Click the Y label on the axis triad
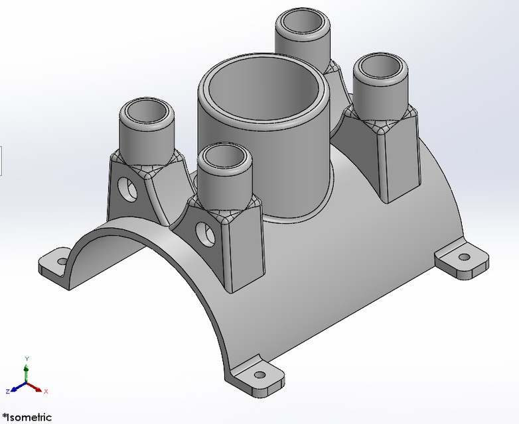point(26,358)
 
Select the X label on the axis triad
point(47,392)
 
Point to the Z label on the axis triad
point(7,392)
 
